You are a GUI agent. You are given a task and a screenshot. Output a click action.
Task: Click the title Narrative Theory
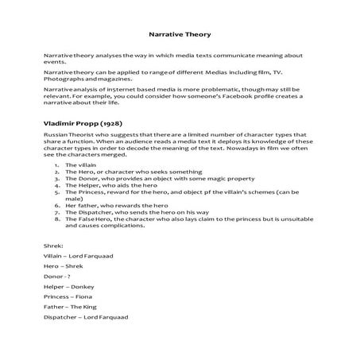click(x=180, y=35)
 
